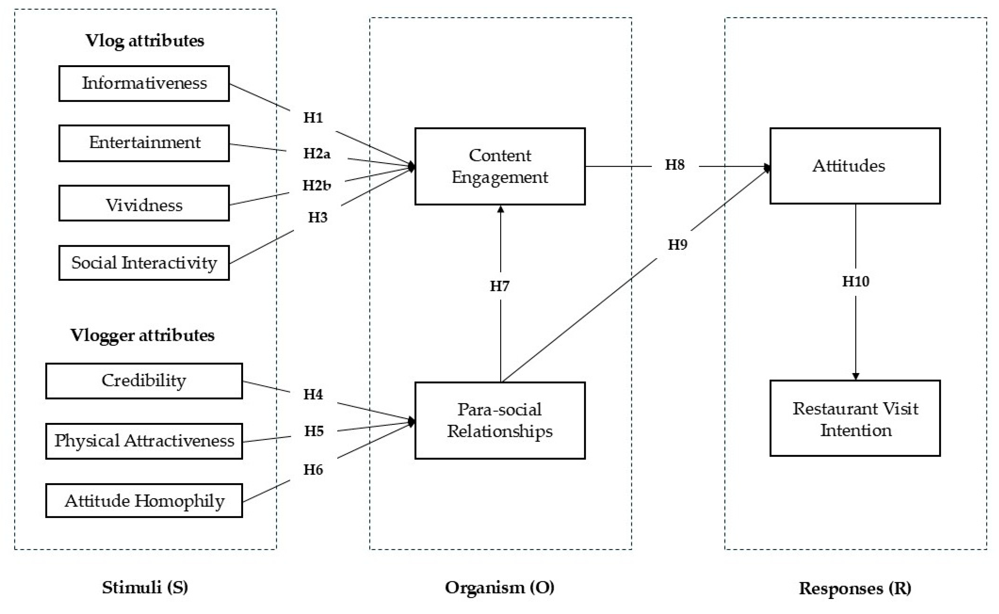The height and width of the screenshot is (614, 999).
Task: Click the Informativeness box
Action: pyautogui.click(x=144, y=83)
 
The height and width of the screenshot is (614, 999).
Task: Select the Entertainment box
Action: pyautogui.click(x=144, y=143)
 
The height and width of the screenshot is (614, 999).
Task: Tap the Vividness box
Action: pyautogui.click(x=144, y=203)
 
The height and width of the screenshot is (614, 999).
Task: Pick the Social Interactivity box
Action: pyautogui.click(x=144, y=263)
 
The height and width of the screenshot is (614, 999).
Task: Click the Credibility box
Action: pyautogui.click(x=144, y=381)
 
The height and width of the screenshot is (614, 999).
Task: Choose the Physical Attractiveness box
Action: pyautogui.click(x=144, y=441)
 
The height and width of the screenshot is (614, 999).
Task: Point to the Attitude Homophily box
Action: pyautogui.click(x=144, y=500)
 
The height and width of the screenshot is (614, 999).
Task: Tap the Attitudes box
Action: pyautogui.click(x=855, y=166)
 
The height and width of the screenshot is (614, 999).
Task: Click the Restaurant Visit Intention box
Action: pyautogui.click(x=855, y=418)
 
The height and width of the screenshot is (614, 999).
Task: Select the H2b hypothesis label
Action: pyautogui.click(x=317, y=186)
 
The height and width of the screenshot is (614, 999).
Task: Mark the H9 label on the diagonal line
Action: pyautogui.click(x=678, y=245)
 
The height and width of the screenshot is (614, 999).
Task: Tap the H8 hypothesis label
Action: pyautogui.click(x=674, y=165)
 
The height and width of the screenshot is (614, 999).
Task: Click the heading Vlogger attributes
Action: pyautogui.click(x=142, y=335)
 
